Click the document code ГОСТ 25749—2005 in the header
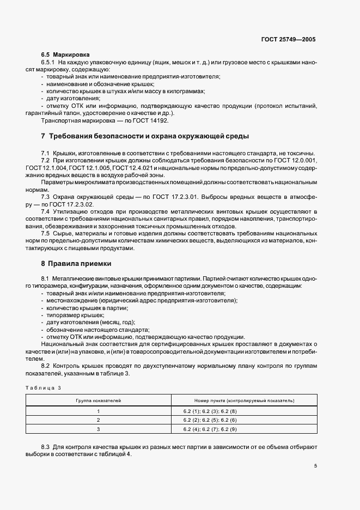tap(288, 40)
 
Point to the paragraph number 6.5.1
tap(48, 63)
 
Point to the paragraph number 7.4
tap(46, 211)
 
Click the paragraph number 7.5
tap(46, 234)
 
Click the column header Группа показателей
tap(99, 400)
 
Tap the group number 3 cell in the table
tap(99, 430)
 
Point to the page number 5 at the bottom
tap(316, 466)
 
